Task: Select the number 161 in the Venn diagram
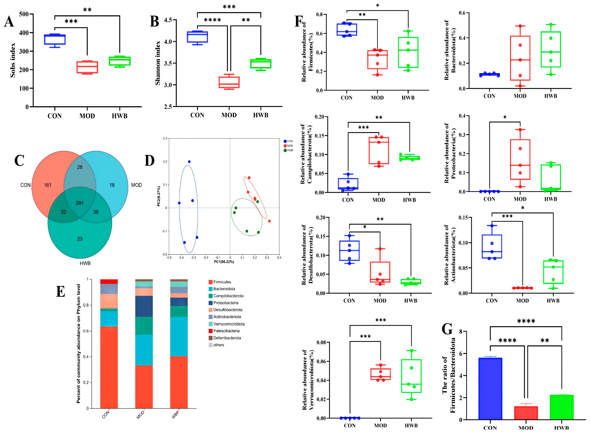[48, 185]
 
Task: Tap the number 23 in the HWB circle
[80, 239]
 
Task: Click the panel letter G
[447, 329]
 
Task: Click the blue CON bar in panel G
[490, 389]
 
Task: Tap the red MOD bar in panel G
[526, 413]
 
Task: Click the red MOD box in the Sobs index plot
[87, 67]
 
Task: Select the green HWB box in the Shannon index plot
[261, 64]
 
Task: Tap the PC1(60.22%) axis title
[224, 262]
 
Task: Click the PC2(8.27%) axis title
[158, 196]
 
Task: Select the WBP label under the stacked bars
[175, 414]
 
